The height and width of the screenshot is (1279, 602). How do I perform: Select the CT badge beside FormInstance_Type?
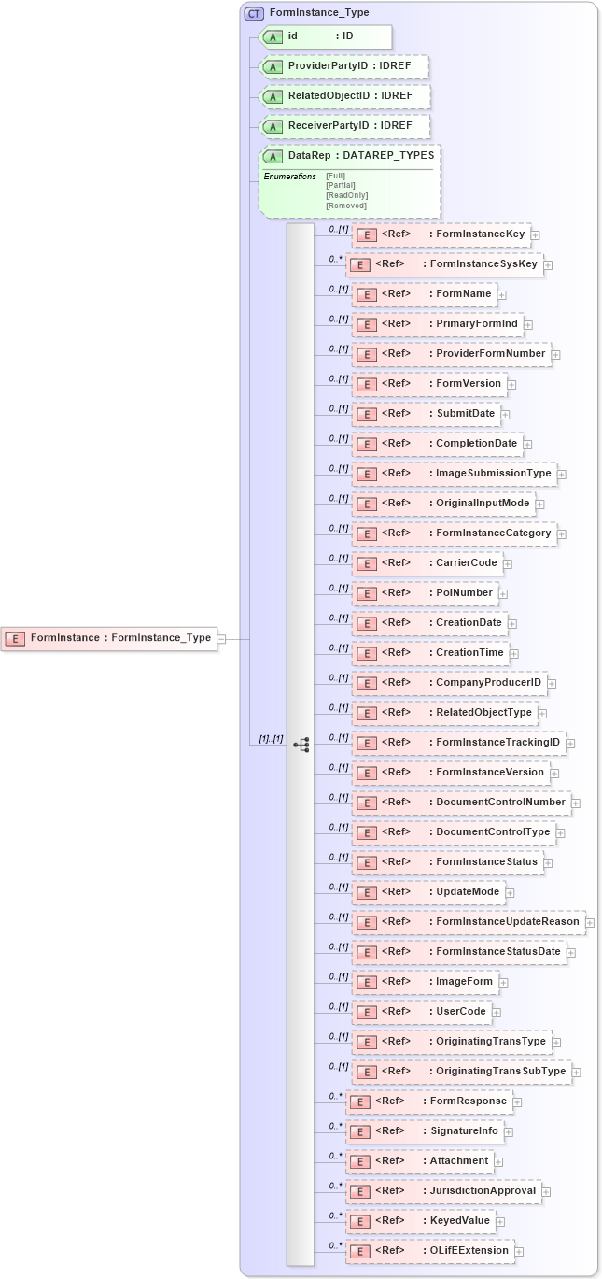pos(254,13)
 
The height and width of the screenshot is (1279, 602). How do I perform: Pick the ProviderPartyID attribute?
pos(343,66)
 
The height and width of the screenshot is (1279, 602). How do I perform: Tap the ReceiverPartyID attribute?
pos(343,126)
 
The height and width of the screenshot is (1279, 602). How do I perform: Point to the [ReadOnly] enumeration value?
pos(346,195)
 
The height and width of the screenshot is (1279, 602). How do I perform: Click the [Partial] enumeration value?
pos(341,185)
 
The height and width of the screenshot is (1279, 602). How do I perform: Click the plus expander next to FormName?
pos(502,294)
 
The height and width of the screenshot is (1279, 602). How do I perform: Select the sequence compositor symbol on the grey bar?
pos(301,745)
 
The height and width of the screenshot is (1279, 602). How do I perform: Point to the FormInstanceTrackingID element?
pos(457,742)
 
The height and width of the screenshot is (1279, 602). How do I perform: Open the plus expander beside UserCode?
pos(497,1012)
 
